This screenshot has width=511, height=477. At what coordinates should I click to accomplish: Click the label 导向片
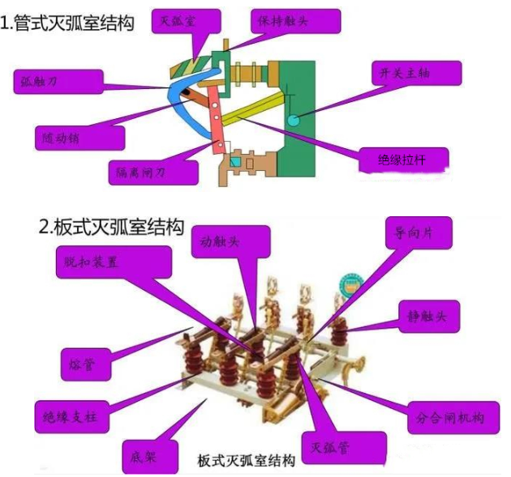[414, 232]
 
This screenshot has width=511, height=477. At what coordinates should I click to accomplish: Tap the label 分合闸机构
[451, 417]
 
